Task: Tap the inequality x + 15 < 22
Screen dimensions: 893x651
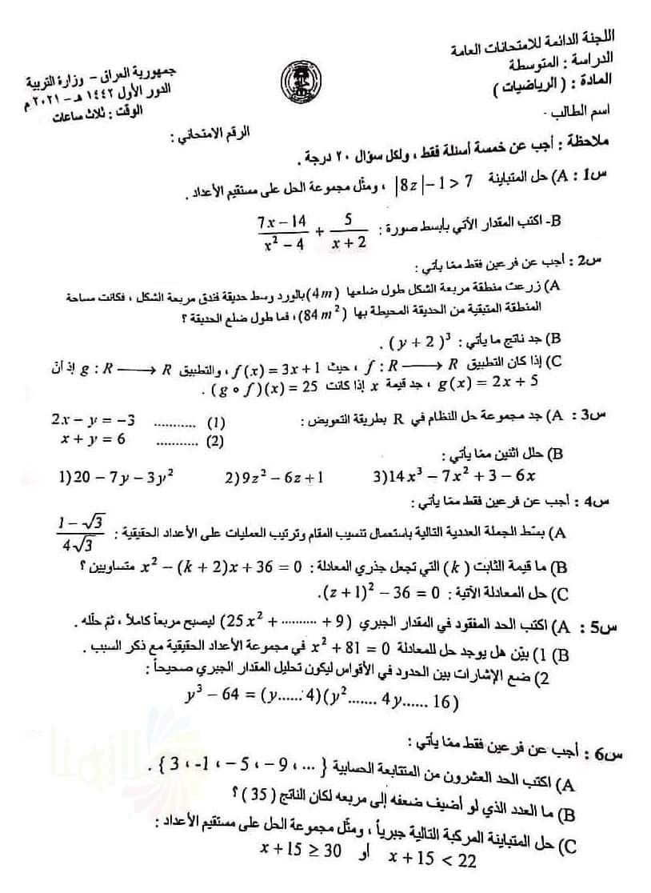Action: (x=432, y=860)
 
